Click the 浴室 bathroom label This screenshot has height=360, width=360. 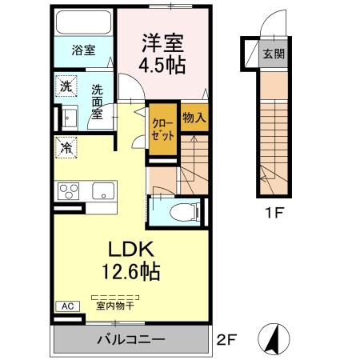pos(83,50)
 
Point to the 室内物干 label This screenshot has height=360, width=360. pos(114,305)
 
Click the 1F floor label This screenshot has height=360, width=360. pos(272,215)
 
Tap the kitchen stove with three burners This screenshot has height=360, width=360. pos(69,191)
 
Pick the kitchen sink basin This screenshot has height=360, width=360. pos(102,191)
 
